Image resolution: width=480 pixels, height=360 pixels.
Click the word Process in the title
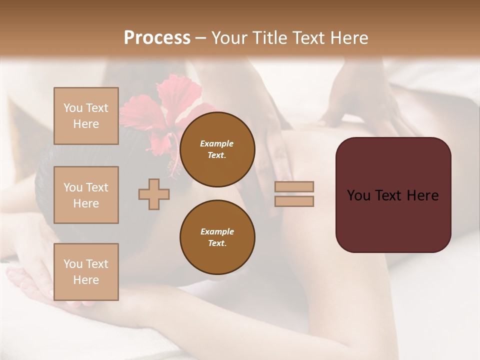pyautogui.click(x=157, y=38)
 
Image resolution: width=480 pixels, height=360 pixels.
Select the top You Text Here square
pyautogui.click(x=86, y=116)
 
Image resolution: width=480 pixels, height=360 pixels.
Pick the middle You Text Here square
pyautogui.click(x=86, y=195)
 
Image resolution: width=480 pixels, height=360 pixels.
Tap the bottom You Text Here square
pyautogui.click(x=86, y=272)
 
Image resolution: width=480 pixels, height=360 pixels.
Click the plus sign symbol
pyautogui.click(x=154, y=194)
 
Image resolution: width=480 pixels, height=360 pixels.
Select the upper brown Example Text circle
pyautogui.click(x=217, y=149)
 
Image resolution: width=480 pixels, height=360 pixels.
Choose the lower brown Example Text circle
pyautogui.click(x=217, y=237)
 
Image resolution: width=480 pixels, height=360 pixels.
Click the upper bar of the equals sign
pyautogui.click(x=294, y=186)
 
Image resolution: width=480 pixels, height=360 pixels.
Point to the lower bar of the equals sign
pyautogui.click(x=294, y=201)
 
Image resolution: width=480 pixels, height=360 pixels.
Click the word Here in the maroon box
pyautogui.click(x=423, y=195)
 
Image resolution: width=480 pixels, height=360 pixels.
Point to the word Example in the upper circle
pyautogui.click(x=217, y=143)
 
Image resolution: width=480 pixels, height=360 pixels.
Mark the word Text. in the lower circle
pyautogui.click(x=217, y=243)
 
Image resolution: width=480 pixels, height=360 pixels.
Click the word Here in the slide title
pyautogui.click(x=348, y=38)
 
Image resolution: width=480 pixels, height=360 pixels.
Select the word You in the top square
pyautogui.click(x=72, y=108)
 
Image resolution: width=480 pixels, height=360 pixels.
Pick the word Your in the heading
pyautogui.click(x=229, y=38)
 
